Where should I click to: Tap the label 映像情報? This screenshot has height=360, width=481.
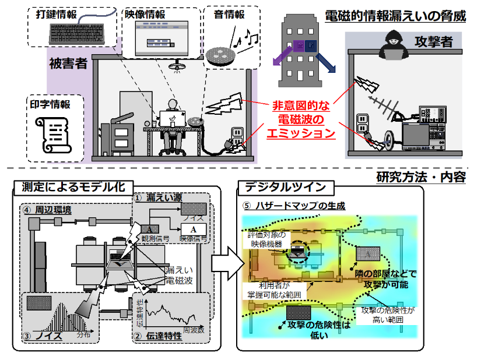point(145,13)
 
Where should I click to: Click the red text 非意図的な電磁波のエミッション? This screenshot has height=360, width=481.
point(301,120)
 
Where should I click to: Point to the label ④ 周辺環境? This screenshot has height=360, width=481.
point(46,209)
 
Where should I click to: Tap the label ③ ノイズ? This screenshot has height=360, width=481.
point(46,337)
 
